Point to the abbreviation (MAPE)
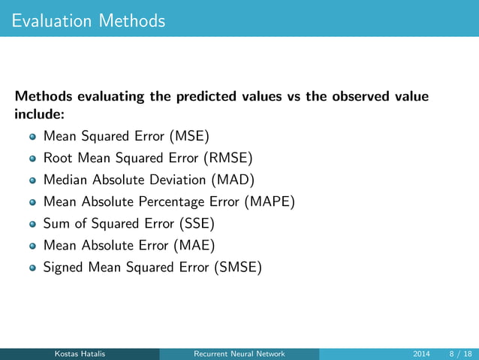pyautogui.click(x=273, y=201)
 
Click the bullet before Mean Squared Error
pyautogui.click(x=32, y=138)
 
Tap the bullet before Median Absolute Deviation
pyautogui.click(x=32, y=180)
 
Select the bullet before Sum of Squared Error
pyautogui.click(x=32, y=223)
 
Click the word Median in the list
pyautogui.click(x=65, y=180)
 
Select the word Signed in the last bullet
pyautogui.click(x=64, y=266)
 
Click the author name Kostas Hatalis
pyautogui.click(x=79, y=354)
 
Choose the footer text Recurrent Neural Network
pyautogui.click(x=239, y=354)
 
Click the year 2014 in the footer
pyautogui.click(x=422, y=354)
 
